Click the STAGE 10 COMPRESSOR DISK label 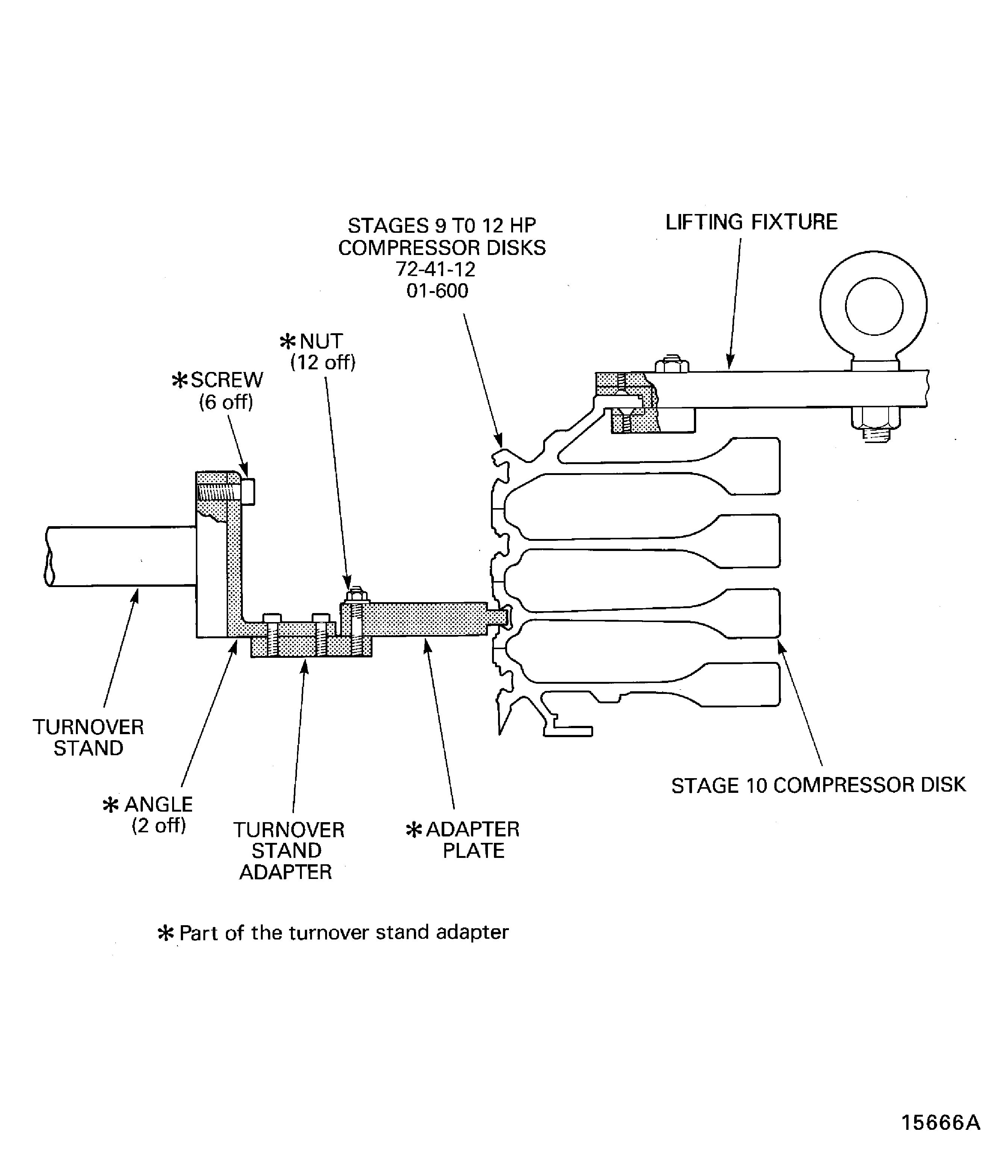tap(818, 785)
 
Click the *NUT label tap(311, 341)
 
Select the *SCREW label tap(218, 380)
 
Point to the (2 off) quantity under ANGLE tap(159, 826)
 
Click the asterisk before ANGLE tap(111, 805)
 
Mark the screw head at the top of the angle tap(248, 492)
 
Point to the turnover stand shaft tap(120, 556)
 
